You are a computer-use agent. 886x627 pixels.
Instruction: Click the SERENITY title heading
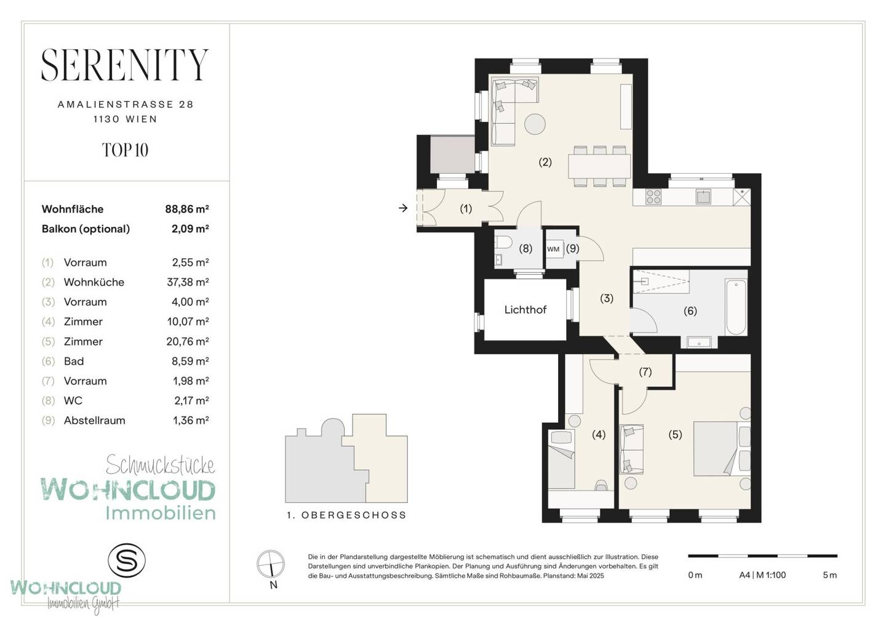click(125, 65)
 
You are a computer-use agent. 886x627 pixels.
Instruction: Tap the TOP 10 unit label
click(125, 150)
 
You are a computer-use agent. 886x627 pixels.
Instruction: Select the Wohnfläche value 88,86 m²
click(187, 209)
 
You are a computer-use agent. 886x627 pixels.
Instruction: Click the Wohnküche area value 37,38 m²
click(188, 282)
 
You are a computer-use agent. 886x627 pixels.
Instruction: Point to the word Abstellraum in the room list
click(95, 421)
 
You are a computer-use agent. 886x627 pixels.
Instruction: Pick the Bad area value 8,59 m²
click(190, 362)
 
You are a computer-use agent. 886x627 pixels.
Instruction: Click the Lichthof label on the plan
click(525, 310)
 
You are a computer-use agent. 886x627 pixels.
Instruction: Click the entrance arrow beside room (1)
click(403, 208)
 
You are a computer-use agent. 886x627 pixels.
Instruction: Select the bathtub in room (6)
click(736, 307)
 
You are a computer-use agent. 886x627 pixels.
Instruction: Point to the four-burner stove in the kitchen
click(653, 196)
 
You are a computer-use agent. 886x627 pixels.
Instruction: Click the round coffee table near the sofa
click(535, 124)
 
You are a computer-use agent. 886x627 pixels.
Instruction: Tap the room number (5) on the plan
click(675, 435)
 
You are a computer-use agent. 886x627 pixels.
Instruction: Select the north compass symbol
click(271, 564)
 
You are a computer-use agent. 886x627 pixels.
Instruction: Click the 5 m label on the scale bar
click(830, 575)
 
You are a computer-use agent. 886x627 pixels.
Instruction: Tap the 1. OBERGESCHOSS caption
click(347, 515)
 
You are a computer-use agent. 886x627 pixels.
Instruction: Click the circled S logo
click(127, 560)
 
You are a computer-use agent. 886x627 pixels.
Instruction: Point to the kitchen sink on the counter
click(703, 196)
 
